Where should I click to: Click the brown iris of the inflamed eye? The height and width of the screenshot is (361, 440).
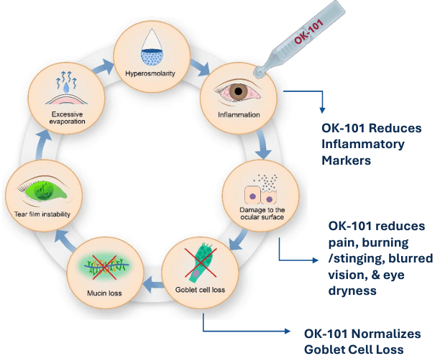pyautogui.click(x=237, y=92)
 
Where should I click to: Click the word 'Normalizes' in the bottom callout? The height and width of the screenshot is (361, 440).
pyautogui.click(x=388, y=334)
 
